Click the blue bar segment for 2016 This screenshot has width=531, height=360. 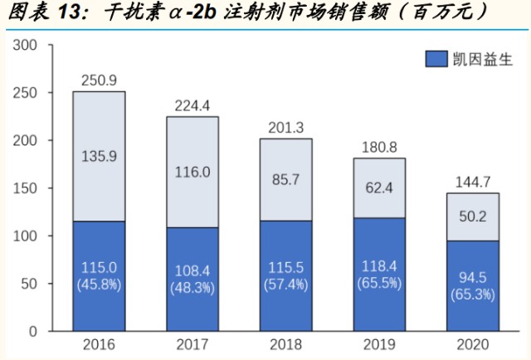pyautogui.click(x=99, y=276)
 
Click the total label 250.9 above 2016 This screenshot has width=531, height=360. pyautogui.click(x=99, y=80)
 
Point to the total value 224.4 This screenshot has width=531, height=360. pyautogui.click(x=192, y=105)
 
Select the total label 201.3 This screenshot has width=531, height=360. pyautogui.click(x=286, y=127)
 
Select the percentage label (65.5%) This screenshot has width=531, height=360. pyautogui.click(x=379, y=282)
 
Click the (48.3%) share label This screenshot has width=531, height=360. pyautogui.click(x=192, y=288)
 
